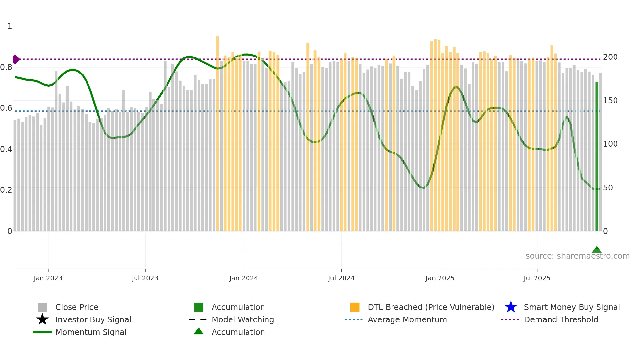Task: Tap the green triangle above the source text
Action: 597,250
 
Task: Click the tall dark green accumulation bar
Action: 597,157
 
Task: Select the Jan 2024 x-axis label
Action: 244,278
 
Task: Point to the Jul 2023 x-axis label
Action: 145,278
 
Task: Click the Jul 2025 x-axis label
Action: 537,278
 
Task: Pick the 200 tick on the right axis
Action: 610,57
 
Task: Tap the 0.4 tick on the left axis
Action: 6,149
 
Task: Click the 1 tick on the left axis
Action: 10,26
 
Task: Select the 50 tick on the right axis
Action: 608,188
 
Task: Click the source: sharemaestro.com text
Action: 577,256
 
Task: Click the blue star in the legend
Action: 511,307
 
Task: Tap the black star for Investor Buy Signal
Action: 42,319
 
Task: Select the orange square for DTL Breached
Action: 355,307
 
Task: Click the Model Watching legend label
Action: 243,319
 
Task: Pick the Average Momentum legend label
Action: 407,319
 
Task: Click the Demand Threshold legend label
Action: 561,319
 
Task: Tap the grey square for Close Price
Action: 42,307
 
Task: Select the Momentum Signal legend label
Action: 91,332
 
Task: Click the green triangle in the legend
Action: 199,331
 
